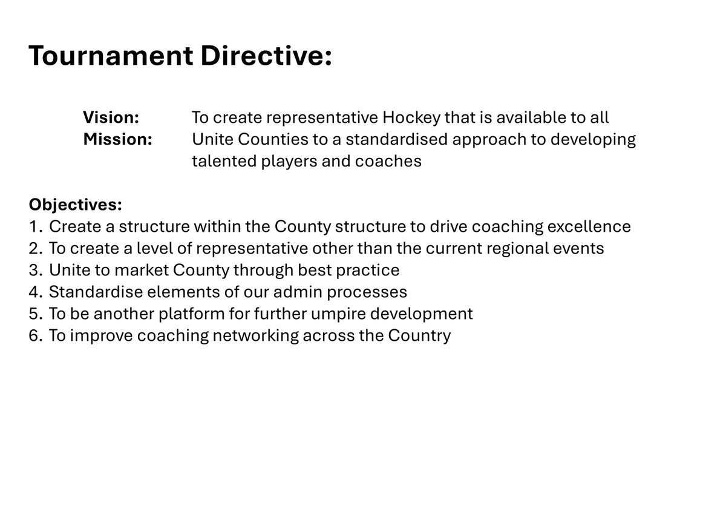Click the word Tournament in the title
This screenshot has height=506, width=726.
110,56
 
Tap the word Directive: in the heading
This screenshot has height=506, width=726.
266,56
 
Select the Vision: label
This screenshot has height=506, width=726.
111,117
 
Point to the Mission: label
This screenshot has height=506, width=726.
117,139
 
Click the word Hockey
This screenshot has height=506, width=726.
411,117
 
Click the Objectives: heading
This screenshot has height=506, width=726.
75,205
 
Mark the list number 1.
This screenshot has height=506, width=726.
34,226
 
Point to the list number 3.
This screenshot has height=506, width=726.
34,270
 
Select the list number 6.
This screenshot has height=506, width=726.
34,335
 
